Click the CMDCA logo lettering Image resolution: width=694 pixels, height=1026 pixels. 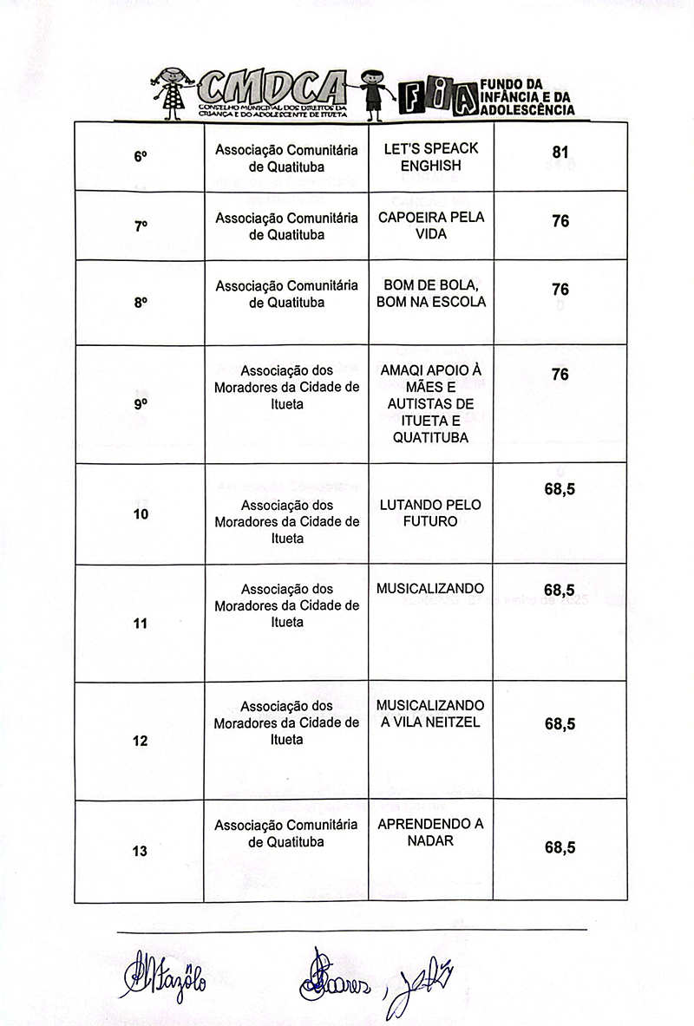(x=271, y=88)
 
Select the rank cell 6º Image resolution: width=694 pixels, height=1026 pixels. (x=140, y=157)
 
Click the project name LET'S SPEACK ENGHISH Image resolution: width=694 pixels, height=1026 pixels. (x=430, y=157)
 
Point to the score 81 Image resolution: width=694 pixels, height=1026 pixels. (x=560, y=153)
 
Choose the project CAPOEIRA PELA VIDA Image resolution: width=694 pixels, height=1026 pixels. (x=430, y=225)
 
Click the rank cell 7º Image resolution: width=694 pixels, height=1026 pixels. (x=140, y=226)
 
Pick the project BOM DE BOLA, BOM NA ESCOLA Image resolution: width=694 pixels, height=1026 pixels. (x=430, y=294)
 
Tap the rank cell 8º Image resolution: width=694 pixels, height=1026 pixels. (x=140, y=304)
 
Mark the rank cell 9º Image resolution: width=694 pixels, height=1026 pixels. (x=140, y=404)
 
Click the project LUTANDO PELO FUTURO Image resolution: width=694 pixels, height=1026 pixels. (x=430, y=513)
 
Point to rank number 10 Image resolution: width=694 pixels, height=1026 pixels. (x=140, y=514)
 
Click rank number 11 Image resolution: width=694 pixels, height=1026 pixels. (x=140, y=623)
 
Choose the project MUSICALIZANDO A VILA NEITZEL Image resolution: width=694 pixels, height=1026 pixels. (x=430, y=714)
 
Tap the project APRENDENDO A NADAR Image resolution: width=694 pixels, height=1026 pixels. (x=430, y=833)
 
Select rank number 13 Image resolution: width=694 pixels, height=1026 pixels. (x=140, y=851)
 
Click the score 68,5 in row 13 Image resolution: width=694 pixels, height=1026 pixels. (x=560, y=848)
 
